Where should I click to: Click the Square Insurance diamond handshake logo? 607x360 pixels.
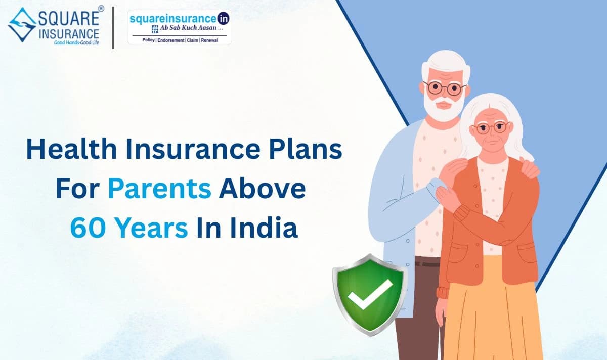click(x=22, y=24)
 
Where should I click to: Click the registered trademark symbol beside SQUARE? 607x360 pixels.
click(x=101, y=9)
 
